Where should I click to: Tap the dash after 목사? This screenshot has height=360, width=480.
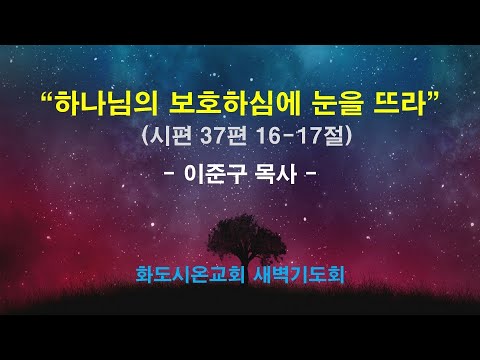click(315, 174)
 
